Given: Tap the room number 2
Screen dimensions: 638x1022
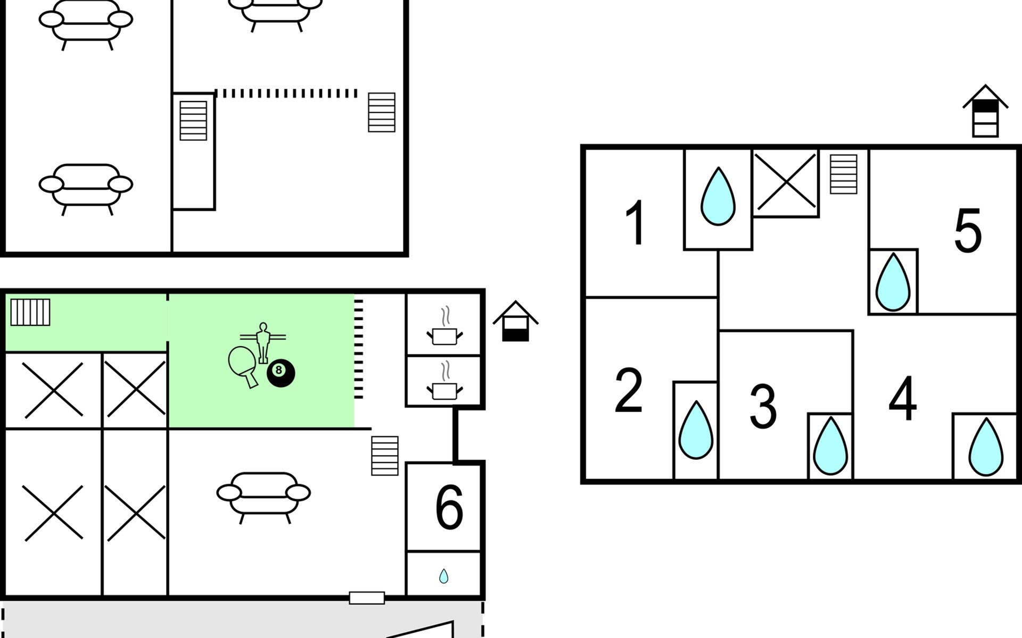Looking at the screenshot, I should point(628,391).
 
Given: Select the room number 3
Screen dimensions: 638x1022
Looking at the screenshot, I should point(763,407).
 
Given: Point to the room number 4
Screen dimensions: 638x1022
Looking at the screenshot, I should point(903,398).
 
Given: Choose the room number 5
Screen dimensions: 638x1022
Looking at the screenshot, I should point(968,231).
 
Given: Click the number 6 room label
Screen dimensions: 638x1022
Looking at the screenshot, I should point(449,508).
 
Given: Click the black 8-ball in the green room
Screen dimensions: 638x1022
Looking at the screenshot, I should point(281,373).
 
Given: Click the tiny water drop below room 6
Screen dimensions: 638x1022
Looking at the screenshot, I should point(443,576).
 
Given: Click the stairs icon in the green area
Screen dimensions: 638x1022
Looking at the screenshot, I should point(30,312).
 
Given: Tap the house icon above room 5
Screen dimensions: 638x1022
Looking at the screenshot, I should point(985,111).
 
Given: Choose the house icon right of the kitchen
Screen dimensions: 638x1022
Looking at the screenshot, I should point(515,322).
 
